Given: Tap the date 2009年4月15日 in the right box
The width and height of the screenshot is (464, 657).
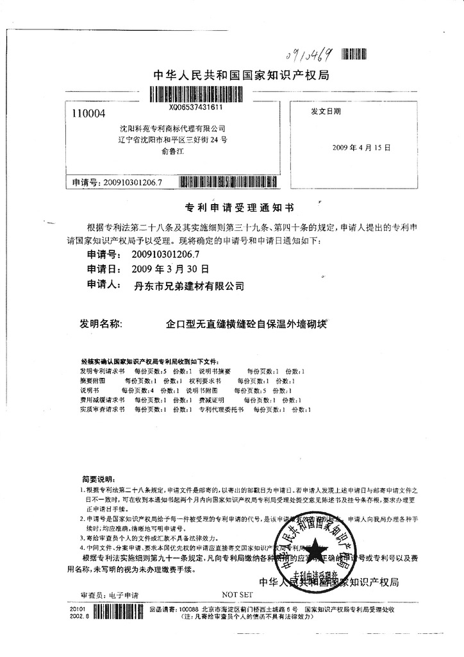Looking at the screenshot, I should click(x=361, y=148).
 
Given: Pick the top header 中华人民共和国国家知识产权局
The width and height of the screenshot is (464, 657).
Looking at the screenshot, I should click(x=242, y=76).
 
